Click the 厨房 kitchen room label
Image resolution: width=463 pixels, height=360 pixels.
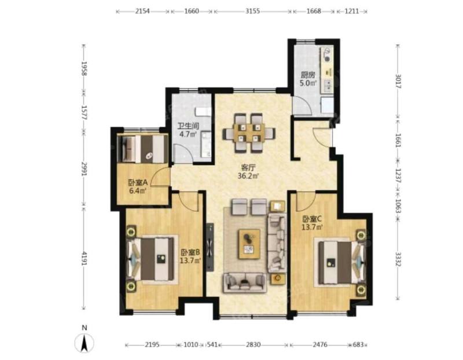click(308, 75)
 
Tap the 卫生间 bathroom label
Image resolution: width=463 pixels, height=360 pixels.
click(188, 126)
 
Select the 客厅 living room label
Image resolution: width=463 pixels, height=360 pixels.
click(248, 168)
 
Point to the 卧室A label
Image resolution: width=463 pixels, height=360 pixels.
click(138, 183)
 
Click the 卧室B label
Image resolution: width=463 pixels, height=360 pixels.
click(190, 252)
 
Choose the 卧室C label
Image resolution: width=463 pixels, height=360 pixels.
click(311, 219)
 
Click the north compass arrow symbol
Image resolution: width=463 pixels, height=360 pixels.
click(84, 343)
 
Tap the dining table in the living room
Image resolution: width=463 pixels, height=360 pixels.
click(249, 133)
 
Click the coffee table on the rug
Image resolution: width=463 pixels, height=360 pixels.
click(249, 244)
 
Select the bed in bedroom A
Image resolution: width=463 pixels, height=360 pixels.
click(143, 149)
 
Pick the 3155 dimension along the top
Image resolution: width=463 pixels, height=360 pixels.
click(252, 11)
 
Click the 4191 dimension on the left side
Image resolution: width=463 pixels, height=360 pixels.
click(84, 258)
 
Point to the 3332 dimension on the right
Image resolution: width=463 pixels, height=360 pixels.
click(398, 259)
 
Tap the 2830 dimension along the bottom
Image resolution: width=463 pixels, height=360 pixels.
click(253, 344)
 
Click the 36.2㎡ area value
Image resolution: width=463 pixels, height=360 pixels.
click(248, 177)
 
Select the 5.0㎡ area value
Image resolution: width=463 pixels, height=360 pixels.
click(308, 83)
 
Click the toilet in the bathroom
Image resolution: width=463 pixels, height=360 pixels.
click(203, 112)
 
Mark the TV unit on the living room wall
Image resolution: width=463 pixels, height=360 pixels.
click(210, 247)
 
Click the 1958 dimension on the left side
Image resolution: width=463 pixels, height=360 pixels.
click(84, 68)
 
